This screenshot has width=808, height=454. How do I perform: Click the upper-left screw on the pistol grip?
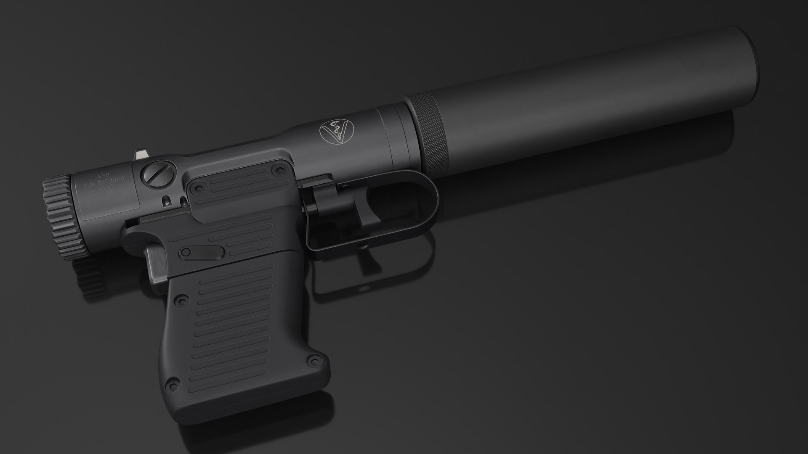coord(182,299)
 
